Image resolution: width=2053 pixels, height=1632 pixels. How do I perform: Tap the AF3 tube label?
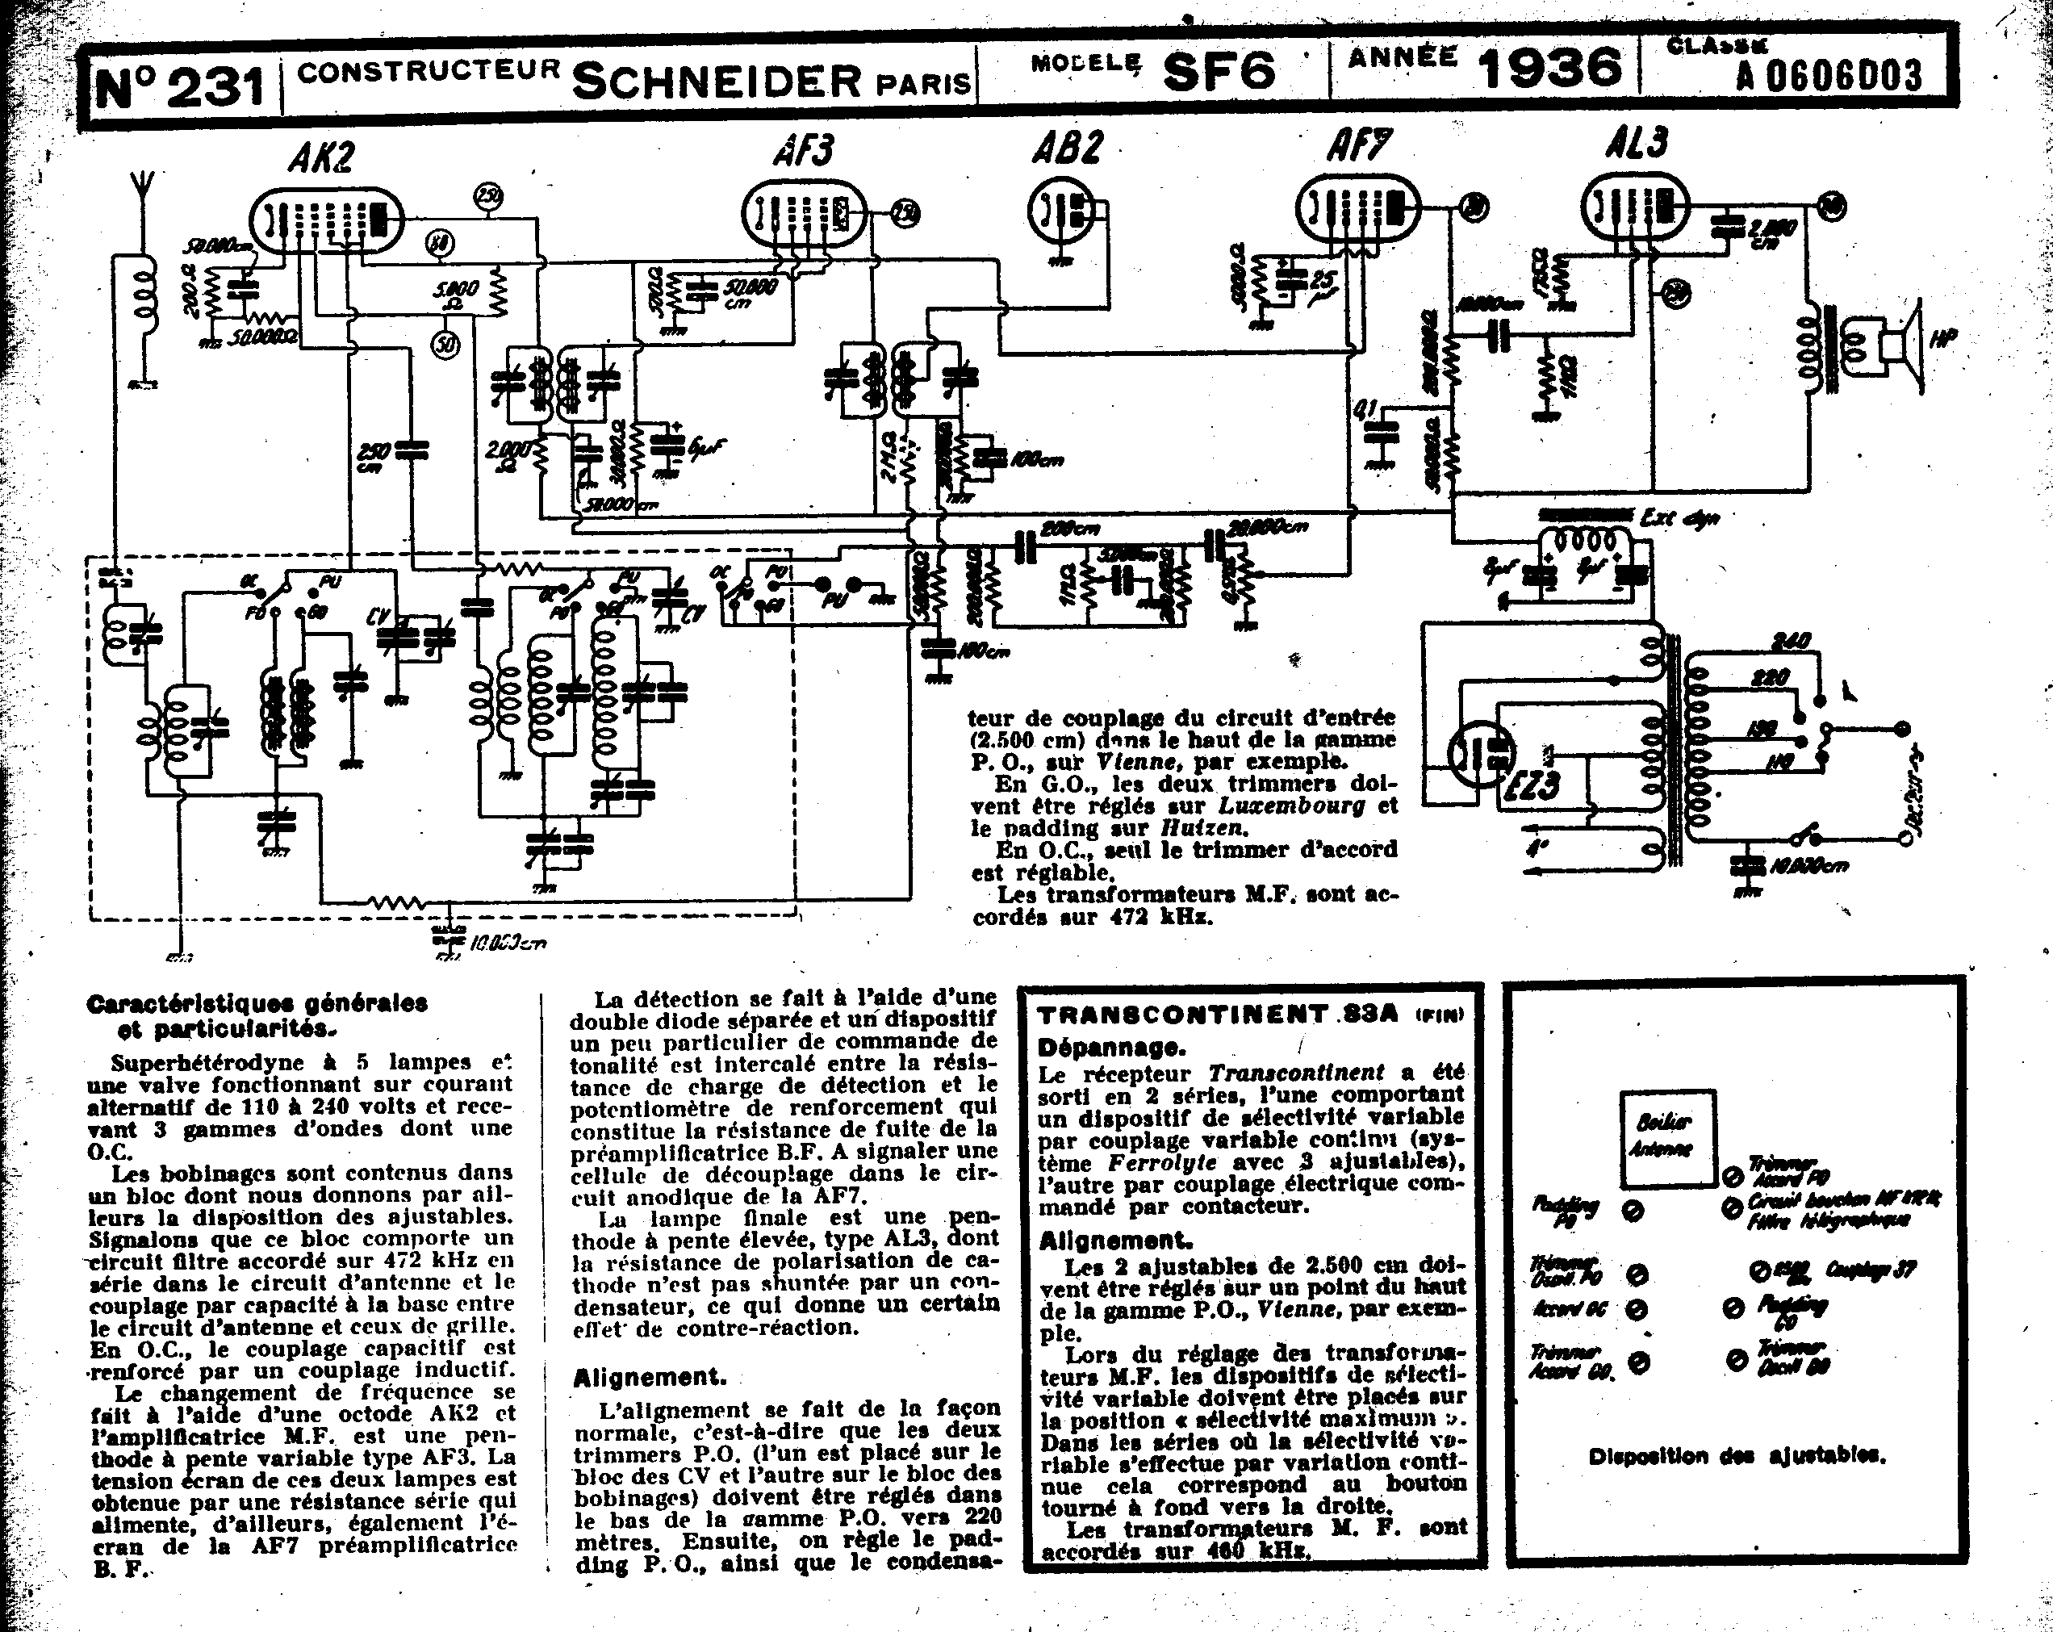click(x=805, y=150)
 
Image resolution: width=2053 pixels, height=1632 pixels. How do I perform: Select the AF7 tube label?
click(x=1359, y=147)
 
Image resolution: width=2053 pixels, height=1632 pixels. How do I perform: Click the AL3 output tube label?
click(x=1636, y=142)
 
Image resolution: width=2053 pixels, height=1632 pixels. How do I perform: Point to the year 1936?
click(x=1549, y=68)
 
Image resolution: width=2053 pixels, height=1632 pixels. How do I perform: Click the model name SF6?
click(x=1218, y=70)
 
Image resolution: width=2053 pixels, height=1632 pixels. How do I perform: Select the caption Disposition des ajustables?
click(x=1737, y=1456)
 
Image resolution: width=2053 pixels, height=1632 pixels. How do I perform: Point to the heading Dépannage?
click(x=1111, y=1048)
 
